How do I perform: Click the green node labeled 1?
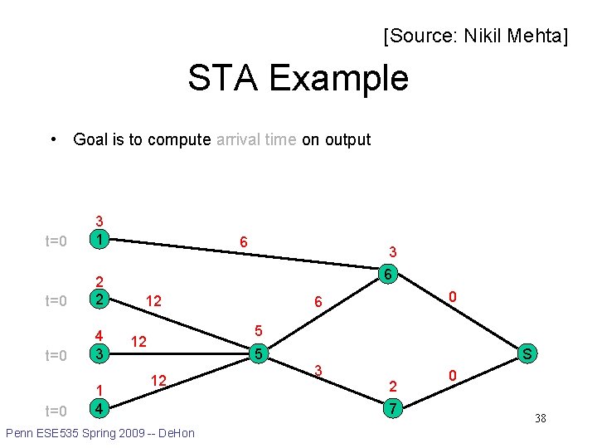pos(99,239)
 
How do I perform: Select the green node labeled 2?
pos(99,299)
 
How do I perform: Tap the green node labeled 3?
pos(99,354)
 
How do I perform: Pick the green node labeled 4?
pos(99,409)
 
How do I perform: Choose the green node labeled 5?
pos(259,355)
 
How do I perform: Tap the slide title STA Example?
pos(298,78)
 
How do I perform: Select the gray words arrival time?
pos(255,139)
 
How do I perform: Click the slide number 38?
pos(540,418)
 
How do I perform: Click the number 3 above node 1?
pos(99,221)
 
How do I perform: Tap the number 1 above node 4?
pos(99,391)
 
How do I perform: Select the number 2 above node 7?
pos(393,386)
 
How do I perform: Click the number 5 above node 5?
pos(258,330)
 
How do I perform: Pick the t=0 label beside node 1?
pos(56,241)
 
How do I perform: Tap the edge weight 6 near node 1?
pos(243,241)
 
